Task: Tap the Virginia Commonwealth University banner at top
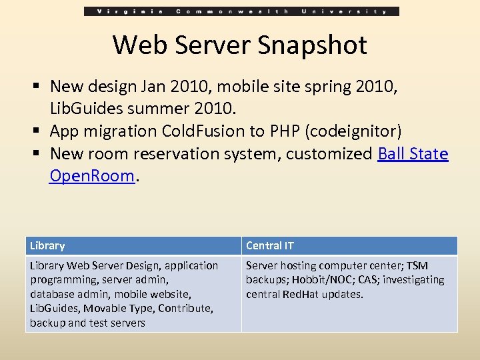(241, 11)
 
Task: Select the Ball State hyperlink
(413, 154)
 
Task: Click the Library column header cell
(47, 246)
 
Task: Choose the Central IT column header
(269, 246)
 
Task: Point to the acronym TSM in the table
(417, 266)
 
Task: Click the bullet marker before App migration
(39, 131)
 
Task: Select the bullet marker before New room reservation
(39, 154)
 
